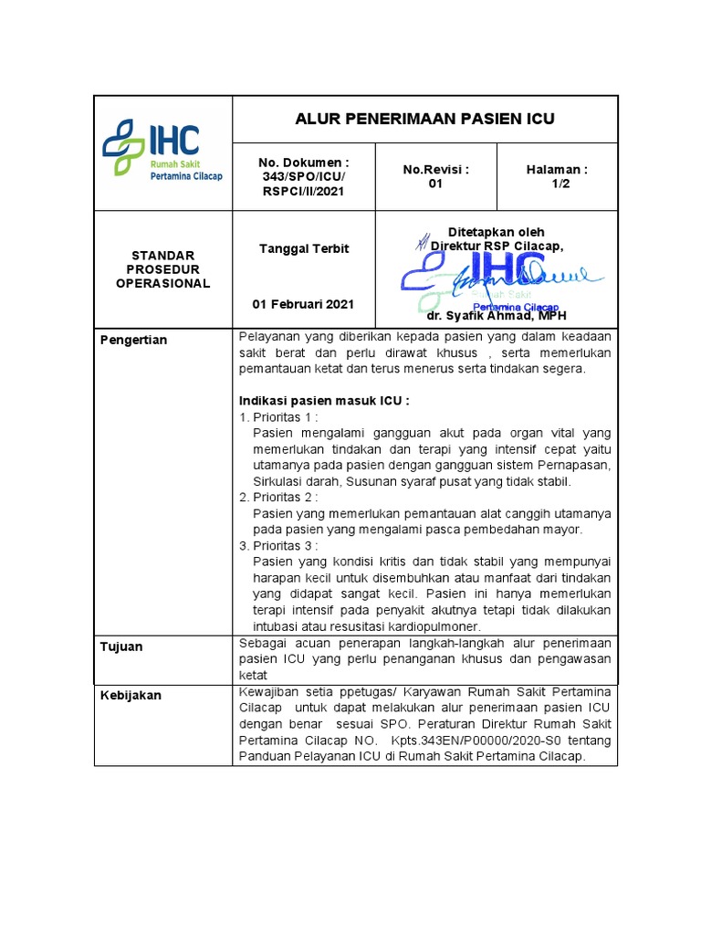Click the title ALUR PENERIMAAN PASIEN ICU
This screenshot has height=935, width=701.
pos(424,120)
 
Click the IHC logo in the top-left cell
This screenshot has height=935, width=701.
pos(162,152)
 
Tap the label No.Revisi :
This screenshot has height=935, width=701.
pos(435,169)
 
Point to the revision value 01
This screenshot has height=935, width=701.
pos(435,184)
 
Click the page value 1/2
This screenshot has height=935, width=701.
pos(557,184)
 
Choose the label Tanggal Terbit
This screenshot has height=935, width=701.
pos(303,248)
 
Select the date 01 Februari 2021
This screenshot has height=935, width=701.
pos(303,304)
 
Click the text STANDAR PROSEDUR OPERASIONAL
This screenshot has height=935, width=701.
pos(162,269)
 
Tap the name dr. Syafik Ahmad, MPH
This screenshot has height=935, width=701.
pos(496,316)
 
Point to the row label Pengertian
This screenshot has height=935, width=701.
pos(133,340)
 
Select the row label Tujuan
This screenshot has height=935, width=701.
pos(121,646)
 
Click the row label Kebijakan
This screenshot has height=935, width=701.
pos(131,695)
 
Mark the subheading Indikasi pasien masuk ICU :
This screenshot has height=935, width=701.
pos(324,401)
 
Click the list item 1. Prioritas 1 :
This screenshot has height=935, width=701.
pos(278,417)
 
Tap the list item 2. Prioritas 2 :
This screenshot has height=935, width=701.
pos(278,497)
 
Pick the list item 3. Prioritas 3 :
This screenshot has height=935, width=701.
pos(278,545)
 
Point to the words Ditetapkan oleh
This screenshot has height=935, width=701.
pos(496,232)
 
